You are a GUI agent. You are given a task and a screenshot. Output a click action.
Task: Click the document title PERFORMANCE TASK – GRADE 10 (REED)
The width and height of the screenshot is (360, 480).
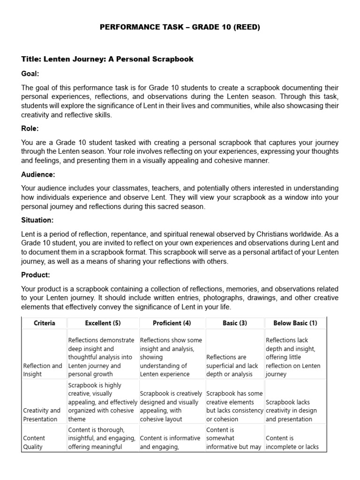click(x=180, y=27)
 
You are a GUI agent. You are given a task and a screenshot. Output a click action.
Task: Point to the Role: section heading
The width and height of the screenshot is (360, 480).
click(x=30, y=128)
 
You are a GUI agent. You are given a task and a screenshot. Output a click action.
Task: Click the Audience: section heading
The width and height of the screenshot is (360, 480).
click(x=38, y=174)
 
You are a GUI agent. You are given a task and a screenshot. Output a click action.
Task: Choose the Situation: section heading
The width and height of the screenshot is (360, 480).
click(x=37, y=220)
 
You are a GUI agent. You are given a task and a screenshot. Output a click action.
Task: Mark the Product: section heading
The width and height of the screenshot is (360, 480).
click(x=36, y=275)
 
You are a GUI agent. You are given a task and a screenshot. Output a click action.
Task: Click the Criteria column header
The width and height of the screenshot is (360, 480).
click(x=45, y=323)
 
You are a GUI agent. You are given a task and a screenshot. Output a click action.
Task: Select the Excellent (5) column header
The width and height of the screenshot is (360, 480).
click(x=103, y=323)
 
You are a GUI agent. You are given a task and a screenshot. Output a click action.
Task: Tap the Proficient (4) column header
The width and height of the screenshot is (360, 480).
click(x=172, y=323)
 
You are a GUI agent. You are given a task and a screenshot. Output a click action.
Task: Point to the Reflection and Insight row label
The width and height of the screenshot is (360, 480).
click(x=43, y=370)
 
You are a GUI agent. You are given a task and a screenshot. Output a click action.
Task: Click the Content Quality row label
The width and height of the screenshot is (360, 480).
click(x=34, y=442)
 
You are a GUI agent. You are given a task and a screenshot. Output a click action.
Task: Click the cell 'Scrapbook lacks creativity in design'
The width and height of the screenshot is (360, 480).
click(x=294, y=411)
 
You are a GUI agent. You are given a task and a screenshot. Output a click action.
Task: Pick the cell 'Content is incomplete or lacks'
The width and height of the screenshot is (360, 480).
click(x=294, y=442)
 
